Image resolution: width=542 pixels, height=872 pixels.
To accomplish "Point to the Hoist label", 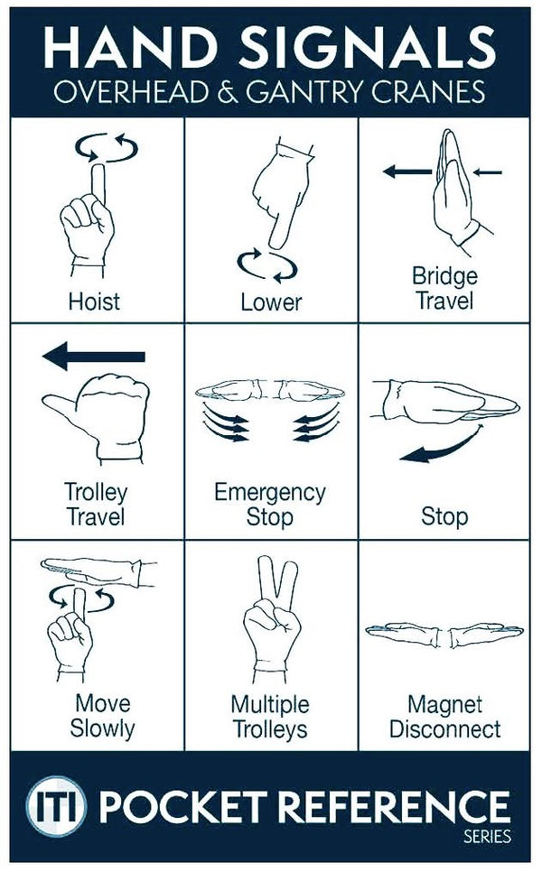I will pos(94,301).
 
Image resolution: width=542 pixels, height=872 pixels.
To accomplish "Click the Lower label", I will pos(271,301).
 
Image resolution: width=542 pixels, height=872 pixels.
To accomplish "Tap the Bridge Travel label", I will pos(444,287).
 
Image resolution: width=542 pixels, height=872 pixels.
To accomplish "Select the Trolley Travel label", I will pos(95,505).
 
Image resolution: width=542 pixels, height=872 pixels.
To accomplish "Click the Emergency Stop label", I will pos(269,505).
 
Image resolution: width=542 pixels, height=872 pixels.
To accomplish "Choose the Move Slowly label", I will pos(101,715).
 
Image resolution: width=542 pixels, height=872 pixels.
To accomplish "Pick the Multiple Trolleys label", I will pos(269,715).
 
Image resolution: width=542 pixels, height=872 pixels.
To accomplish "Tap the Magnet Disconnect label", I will pos(444,715).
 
